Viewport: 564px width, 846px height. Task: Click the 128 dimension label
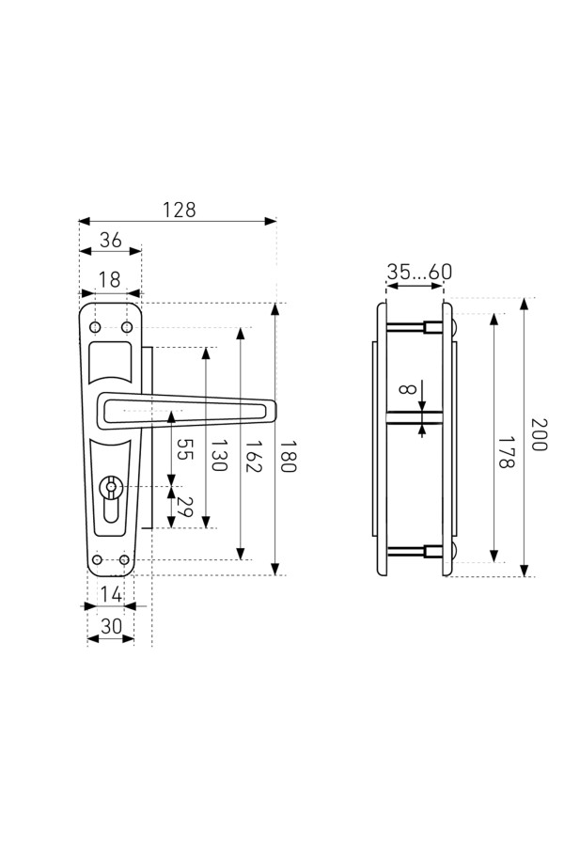(x=180, y=210)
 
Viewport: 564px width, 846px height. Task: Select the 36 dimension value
(x=111, y=240)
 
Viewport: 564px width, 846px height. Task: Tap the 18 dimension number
(x=109, y=280)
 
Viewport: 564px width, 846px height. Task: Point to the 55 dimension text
(x=184, y=449)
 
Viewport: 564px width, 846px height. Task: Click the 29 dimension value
(x=184, y=507)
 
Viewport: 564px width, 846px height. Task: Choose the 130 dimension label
(x=218, y=455)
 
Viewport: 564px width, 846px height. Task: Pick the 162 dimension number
(x=254, y=456)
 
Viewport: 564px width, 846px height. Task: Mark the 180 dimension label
(x=288, y=456)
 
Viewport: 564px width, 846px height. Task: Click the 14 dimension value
(x=112, y=595)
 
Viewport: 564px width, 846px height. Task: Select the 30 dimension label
(x=111, y=626)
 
